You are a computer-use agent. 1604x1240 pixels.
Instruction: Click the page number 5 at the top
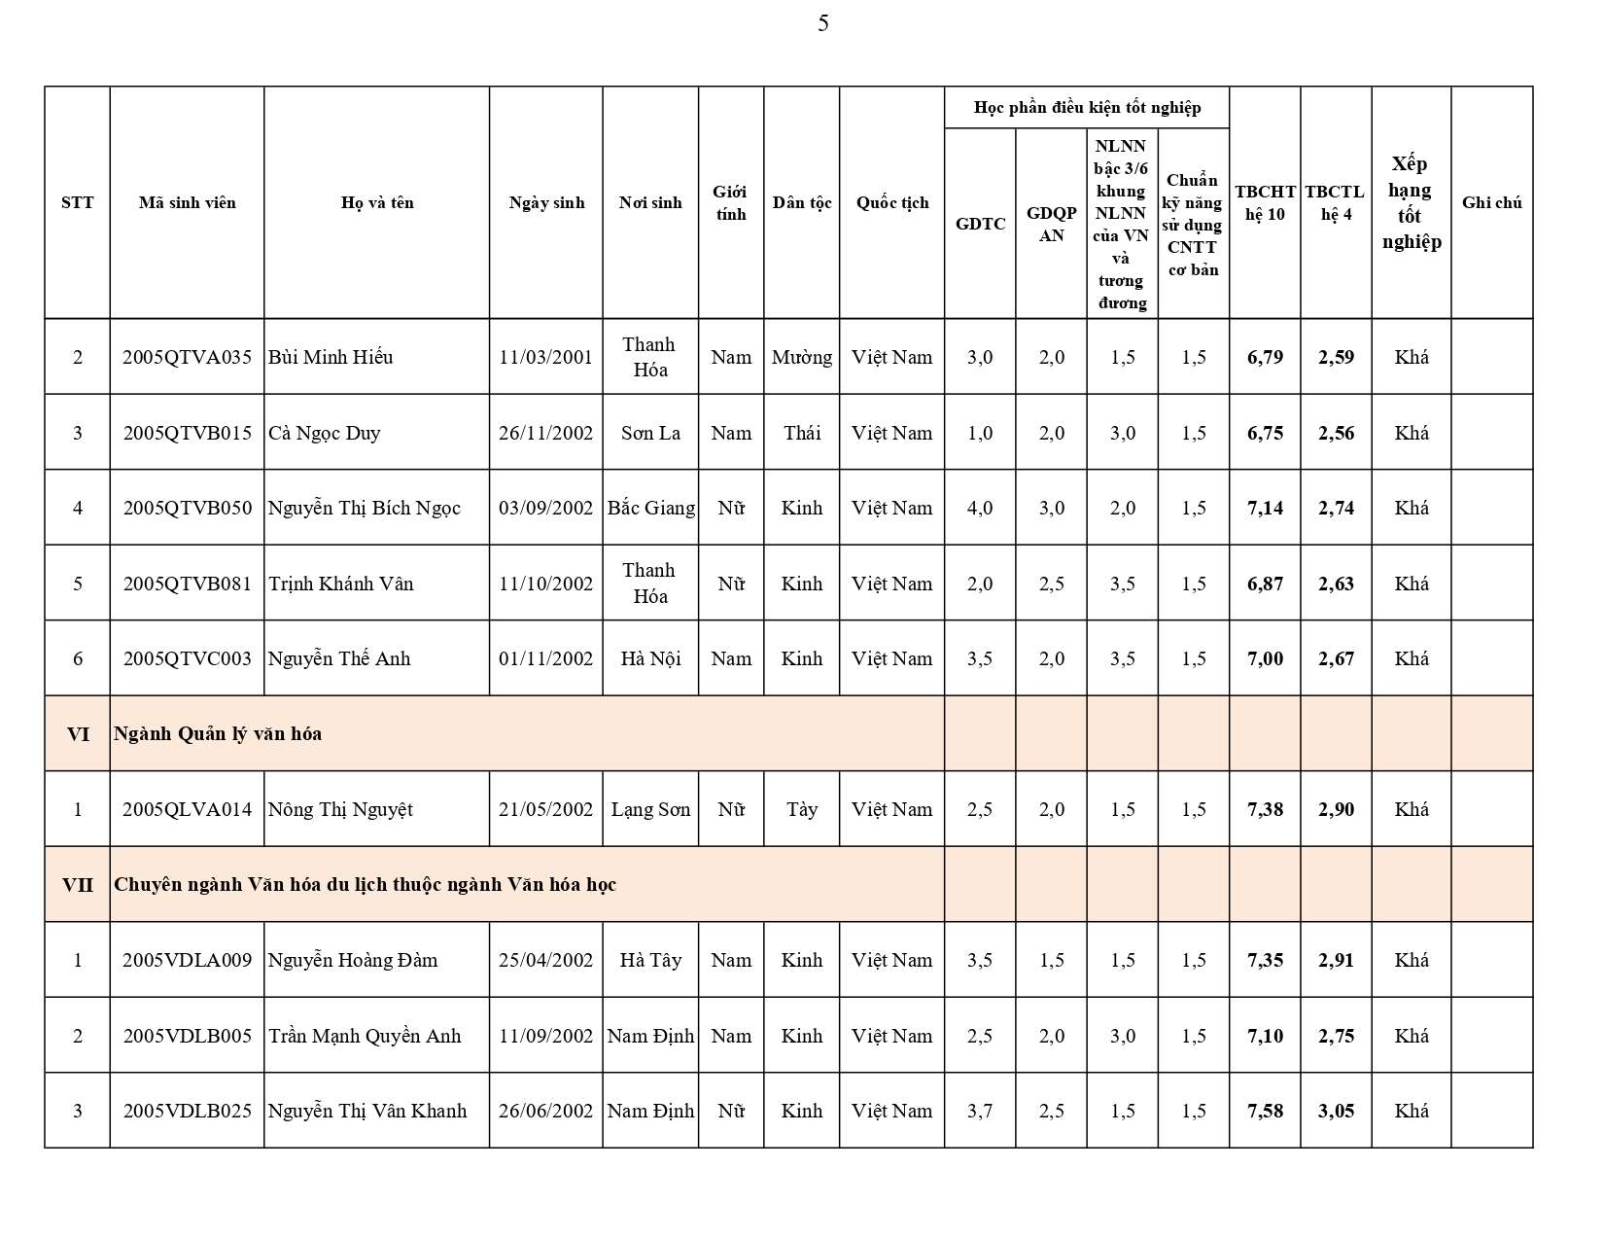coord(823,23)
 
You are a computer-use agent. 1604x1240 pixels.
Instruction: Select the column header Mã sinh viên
coord(187,202)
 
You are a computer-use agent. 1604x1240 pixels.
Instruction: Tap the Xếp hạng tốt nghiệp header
coord(1411,202)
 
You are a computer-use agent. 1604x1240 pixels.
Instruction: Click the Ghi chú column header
coord(1491,202)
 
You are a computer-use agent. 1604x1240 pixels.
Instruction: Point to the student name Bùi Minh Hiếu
coord(331,357)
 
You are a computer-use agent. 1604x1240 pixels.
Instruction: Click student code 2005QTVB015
coord(187,433)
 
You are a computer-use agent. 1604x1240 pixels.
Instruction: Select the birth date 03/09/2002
coord(545,508)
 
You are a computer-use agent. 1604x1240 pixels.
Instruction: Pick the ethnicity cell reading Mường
coord(801,357)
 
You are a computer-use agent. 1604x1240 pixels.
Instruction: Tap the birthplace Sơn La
coord(650,433)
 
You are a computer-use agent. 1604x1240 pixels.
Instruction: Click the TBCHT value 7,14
coord(1265,508)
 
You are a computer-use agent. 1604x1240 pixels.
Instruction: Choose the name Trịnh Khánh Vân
coord(341,584)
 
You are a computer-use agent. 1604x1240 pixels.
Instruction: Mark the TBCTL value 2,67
coord(1336,658)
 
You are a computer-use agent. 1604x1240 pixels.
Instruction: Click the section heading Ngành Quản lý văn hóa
coord(218,733)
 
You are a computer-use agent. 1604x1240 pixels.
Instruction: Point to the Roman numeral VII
coord(78,884)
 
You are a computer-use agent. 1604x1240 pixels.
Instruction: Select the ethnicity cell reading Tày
coord(801,809)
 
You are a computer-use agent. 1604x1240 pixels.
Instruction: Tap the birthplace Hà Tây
coord(650,960)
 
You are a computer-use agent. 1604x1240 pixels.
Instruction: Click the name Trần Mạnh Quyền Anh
coord(365,1036)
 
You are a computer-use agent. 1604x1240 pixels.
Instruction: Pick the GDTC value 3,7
coord(980,1111)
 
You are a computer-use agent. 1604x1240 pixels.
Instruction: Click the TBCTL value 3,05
coord(1336,1111)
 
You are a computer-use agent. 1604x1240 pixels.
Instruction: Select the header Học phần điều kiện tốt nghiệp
coord(1087,107)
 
